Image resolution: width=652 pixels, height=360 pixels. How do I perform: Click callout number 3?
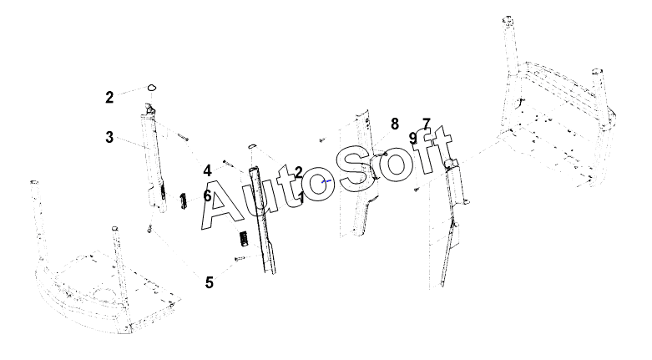pos(109,137)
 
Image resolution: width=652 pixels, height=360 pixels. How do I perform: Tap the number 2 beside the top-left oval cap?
pos(109,97)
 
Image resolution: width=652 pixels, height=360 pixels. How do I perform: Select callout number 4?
pos(207,171)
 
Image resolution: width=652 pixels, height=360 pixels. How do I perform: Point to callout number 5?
pos(209,282)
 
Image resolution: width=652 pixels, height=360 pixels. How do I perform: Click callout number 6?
pos(208,195)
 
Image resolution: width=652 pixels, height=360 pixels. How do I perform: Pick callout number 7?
pos(426,124)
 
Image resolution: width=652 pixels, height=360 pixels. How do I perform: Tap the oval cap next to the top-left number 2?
pos(152,86)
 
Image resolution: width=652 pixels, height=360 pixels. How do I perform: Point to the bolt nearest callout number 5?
pos(238,260)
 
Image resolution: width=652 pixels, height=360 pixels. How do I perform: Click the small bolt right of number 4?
pos(226,163)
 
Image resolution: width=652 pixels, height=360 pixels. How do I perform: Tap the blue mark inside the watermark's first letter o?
pos(327,180)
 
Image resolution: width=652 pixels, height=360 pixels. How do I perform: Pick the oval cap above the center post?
pos(250,147)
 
